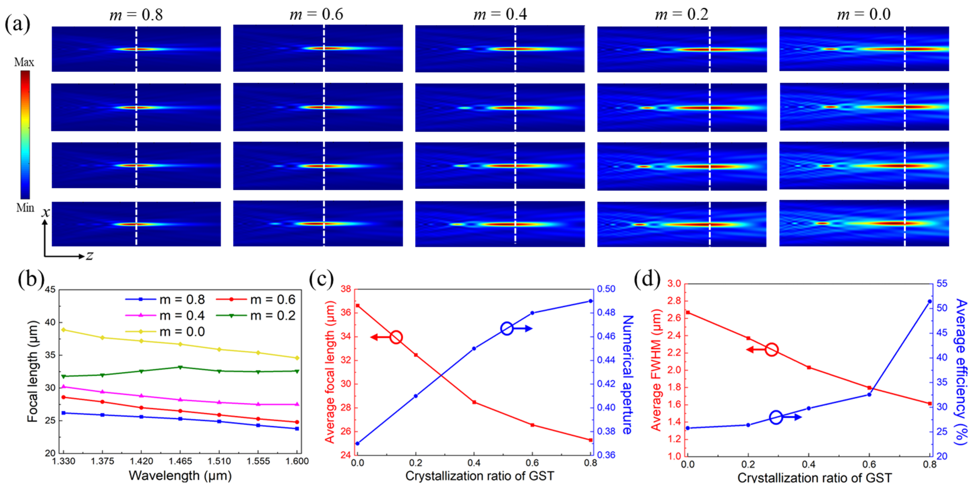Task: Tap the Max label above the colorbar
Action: (24, 62)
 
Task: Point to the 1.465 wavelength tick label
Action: (180, 461)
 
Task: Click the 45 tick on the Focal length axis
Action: (50, 290)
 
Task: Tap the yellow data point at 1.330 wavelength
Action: (64, 330)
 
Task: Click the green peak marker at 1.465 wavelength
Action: (180, 367)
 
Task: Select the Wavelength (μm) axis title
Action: (180, 475)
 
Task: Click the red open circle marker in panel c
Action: (396, 337)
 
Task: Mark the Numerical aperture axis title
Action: (627, 374)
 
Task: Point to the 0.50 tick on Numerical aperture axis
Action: (606, 289)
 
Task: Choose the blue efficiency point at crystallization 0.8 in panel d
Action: (930, 301)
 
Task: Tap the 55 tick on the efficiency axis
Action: (942, 284)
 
